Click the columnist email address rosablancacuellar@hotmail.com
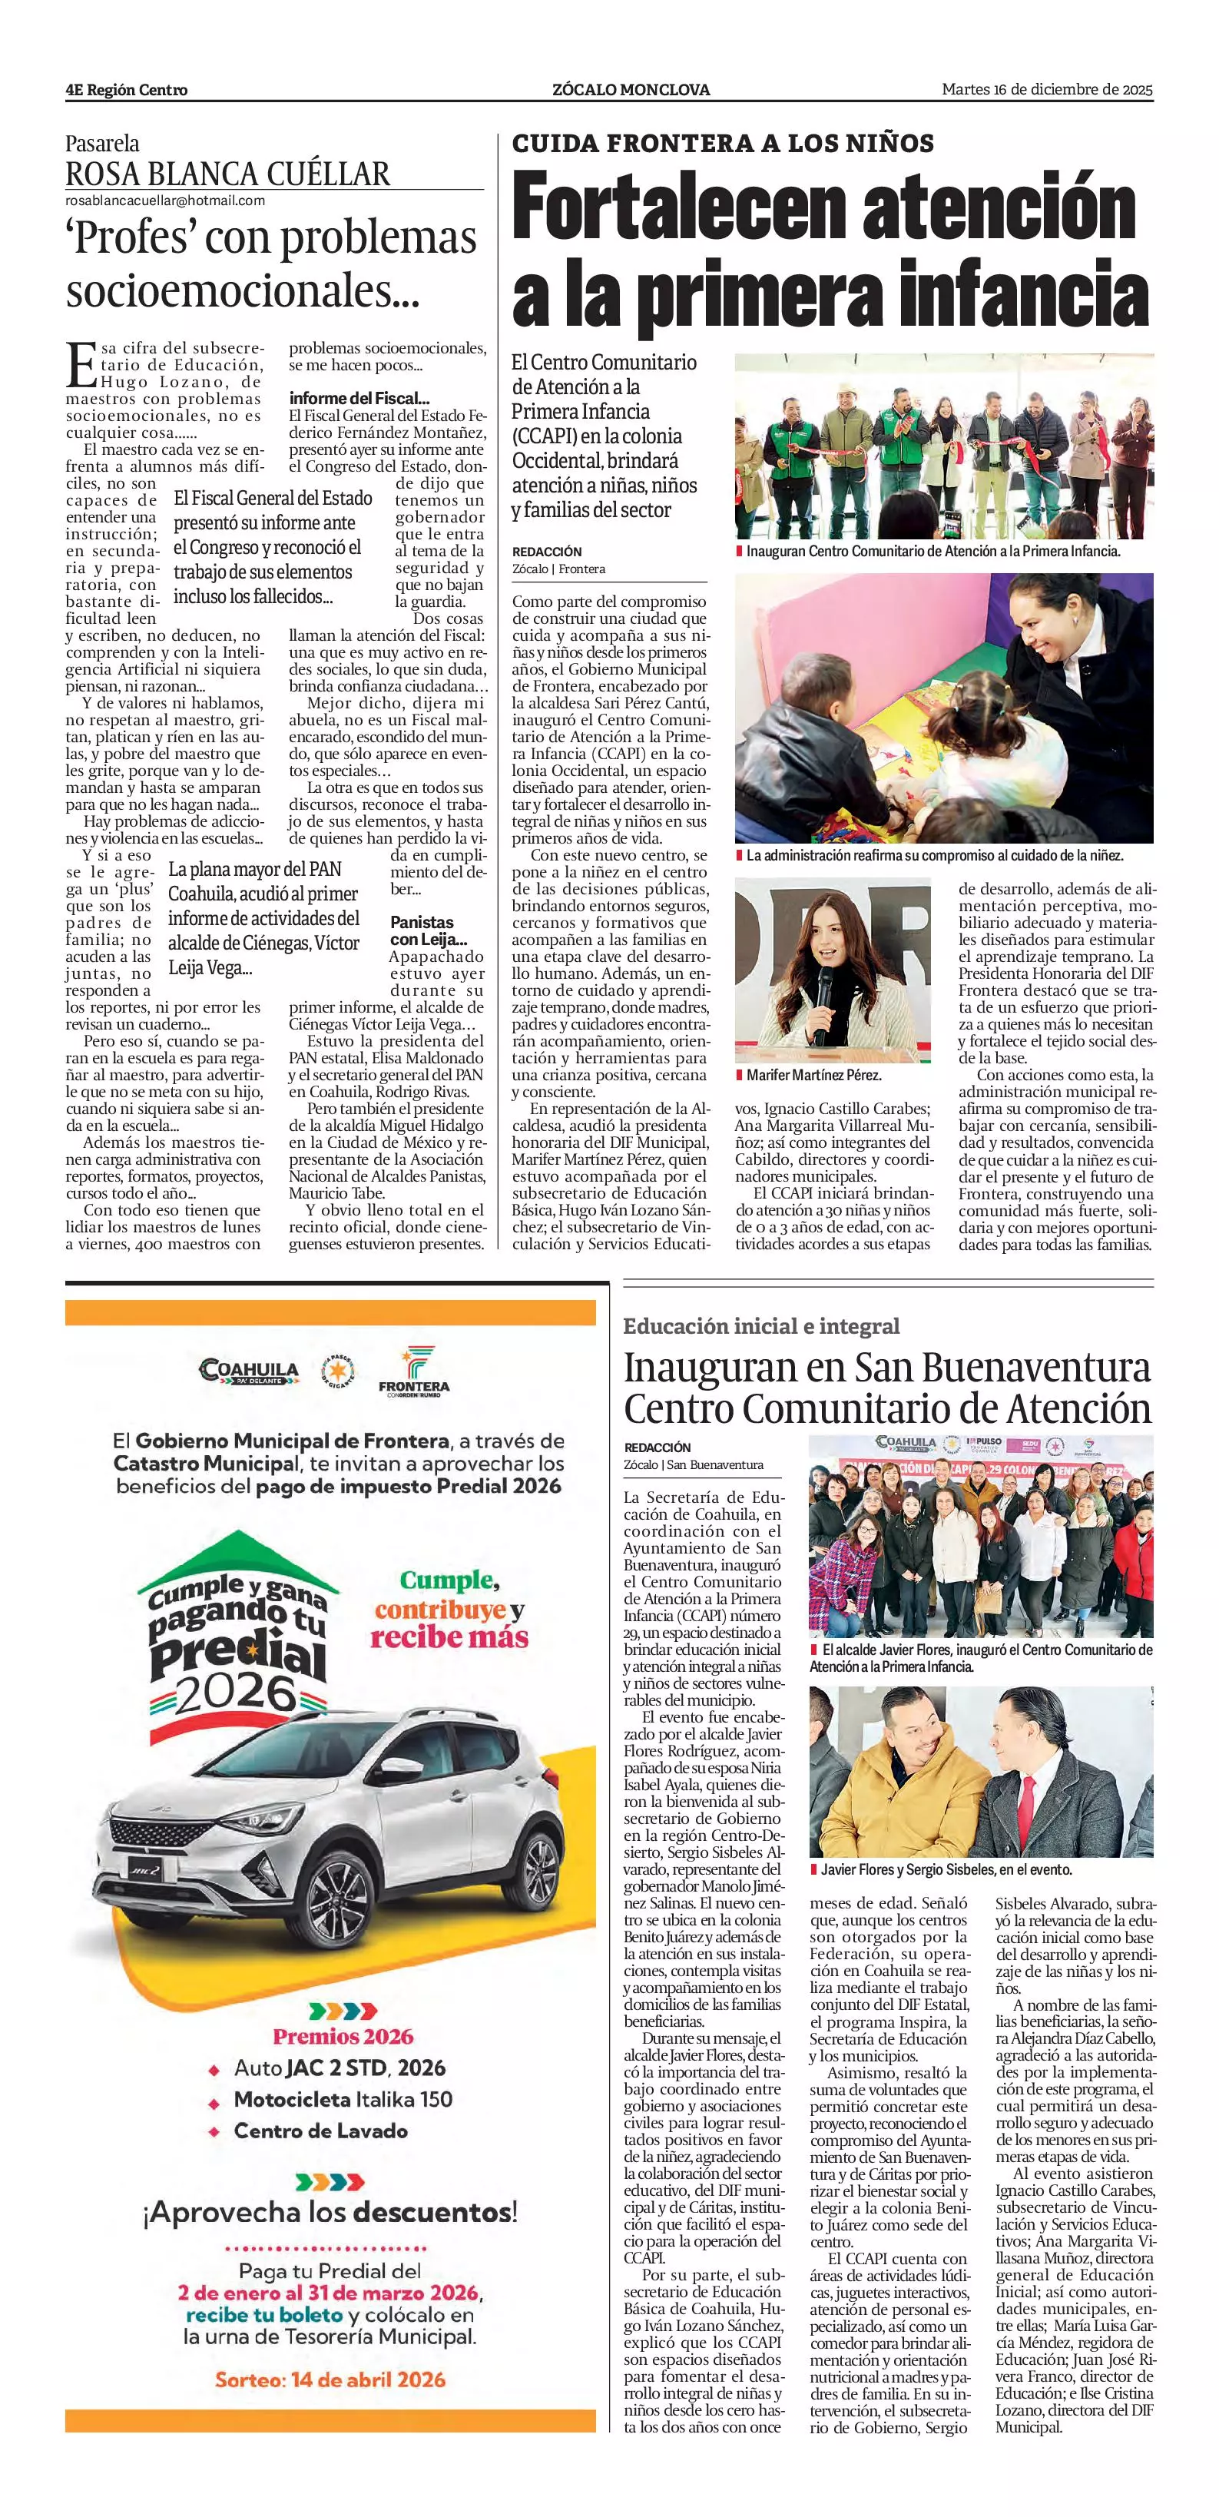165,201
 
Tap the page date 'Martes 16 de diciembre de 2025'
1047,89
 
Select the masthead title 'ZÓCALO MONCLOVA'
630,90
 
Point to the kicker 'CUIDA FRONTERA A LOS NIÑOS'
723,144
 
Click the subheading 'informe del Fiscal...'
359,398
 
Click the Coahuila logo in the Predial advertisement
247,1370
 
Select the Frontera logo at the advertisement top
414,1370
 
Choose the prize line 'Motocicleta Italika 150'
343,2099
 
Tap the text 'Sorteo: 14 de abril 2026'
330,2379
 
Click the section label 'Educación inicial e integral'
761,1326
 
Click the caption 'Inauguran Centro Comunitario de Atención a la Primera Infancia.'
932,551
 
